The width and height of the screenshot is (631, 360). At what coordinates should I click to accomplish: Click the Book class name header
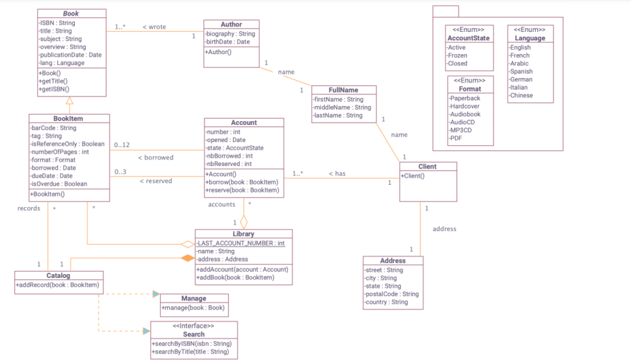[x=71, y=14]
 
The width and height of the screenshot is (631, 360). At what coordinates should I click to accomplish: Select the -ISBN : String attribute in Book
[x=57, y=23]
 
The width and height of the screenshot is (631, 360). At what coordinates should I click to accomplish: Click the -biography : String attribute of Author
[x=230, y=34]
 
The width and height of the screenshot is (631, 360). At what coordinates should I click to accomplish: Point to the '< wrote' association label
[x=154, y=27]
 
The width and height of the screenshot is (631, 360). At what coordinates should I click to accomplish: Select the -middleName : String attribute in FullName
[x=342, y=107]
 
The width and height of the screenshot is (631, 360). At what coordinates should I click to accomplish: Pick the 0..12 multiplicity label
[x=122, y=145]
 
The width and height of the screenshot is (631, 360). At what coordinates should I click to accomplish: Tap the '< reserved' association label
[x=156, y=181]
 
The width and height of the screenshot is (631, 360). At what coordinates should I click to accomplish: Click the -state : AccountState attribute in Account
[x=234, y=148]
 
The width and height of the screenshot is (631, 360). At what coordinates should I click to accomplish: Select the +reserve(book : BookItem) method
[x=242, y=190]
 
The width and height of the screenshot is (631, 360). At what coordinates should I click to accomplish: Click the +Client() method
[x=413, y=176]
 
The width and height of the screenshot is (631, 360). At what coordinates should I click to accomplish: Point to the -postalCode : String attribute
[x=391, y=294]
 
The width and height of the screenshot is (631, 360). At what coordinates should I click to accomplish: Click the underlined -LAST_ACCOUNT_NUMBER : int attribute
[x=241, y=243]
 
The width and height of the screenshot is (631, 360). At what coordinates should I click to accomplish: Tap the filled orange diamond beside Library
[x=188, y=258]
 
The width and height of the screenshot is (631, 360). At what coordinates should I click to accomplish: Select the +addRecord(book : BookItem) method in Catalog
[x=57, y=285]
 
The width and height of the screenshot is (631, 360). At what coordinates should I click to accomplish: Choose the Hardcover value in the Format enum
[x=465, y=106]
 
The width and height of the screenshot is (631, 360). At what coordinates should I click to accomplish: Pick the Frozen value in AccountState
[x=457, y=55]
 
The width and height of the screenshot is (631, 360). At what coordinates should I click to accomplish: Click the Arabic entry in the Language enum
[x=520, y=64]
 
